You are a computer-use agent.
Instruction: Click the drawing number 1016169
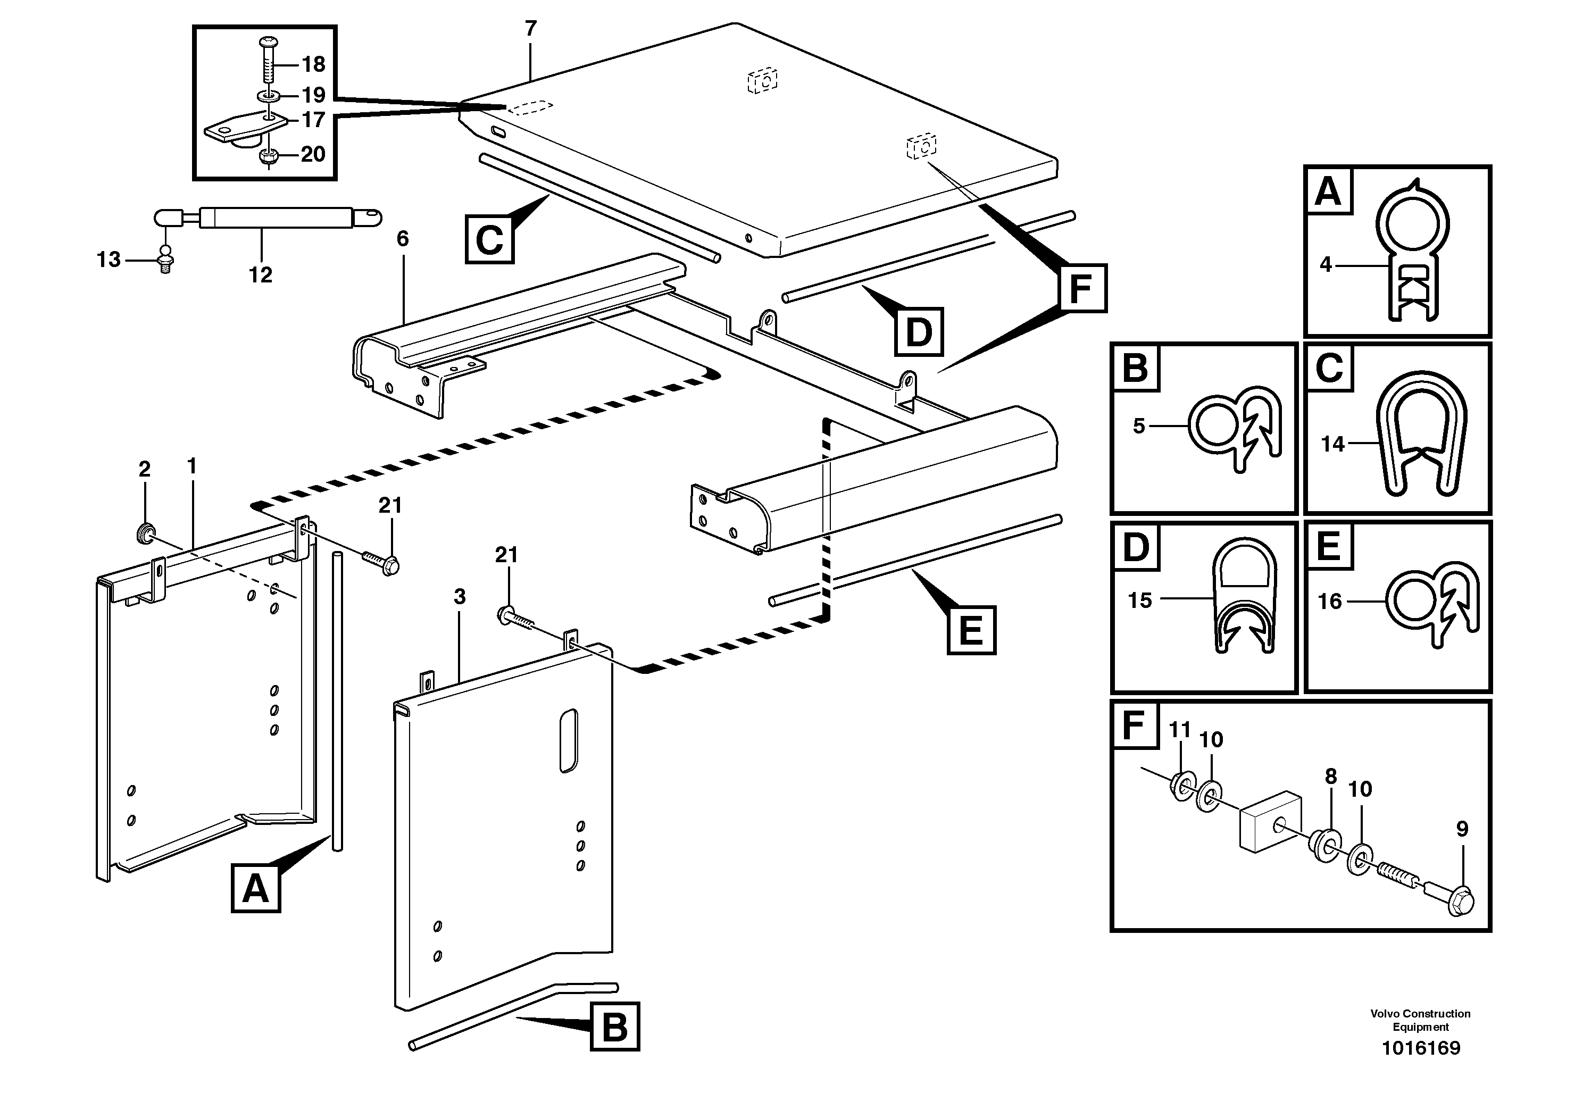pyautogui.click(x=1420, y=1048)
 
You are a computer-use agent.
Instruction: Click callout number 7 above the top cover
pyautogui.click(x=530, y=29)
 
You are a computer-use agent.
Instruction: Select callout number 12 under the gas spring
pyautogui.click(x=261, y=275)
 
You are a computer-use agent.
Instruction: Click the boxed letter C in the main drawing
pyautogui.click(x=489, y=239)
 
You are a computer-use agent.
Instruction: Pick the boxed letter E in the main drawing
pyautogui.click(x=971, y=629)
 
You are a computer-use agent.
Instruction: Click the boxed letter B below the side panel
pyautogui.click(x=614, y=1027)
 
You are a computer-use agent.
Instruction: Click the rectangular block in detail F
pyautogui.click(x=1271, y=822)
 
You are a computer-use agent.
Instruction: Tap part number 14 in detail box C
pyautogui.click(x=1332, y=444)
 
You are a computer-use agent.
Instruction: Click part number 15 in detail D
pyautogui.click(x=1140, y=600)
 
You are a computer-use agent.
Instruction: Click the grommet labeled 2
pyautogui.click(x=145, y=533)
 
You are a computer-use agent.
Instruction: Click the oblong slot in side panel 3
pyautogui.click(x=568, y=740)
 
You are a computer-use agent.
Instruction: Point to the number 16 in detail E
pyautogui.click(x=1329, y=602)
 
